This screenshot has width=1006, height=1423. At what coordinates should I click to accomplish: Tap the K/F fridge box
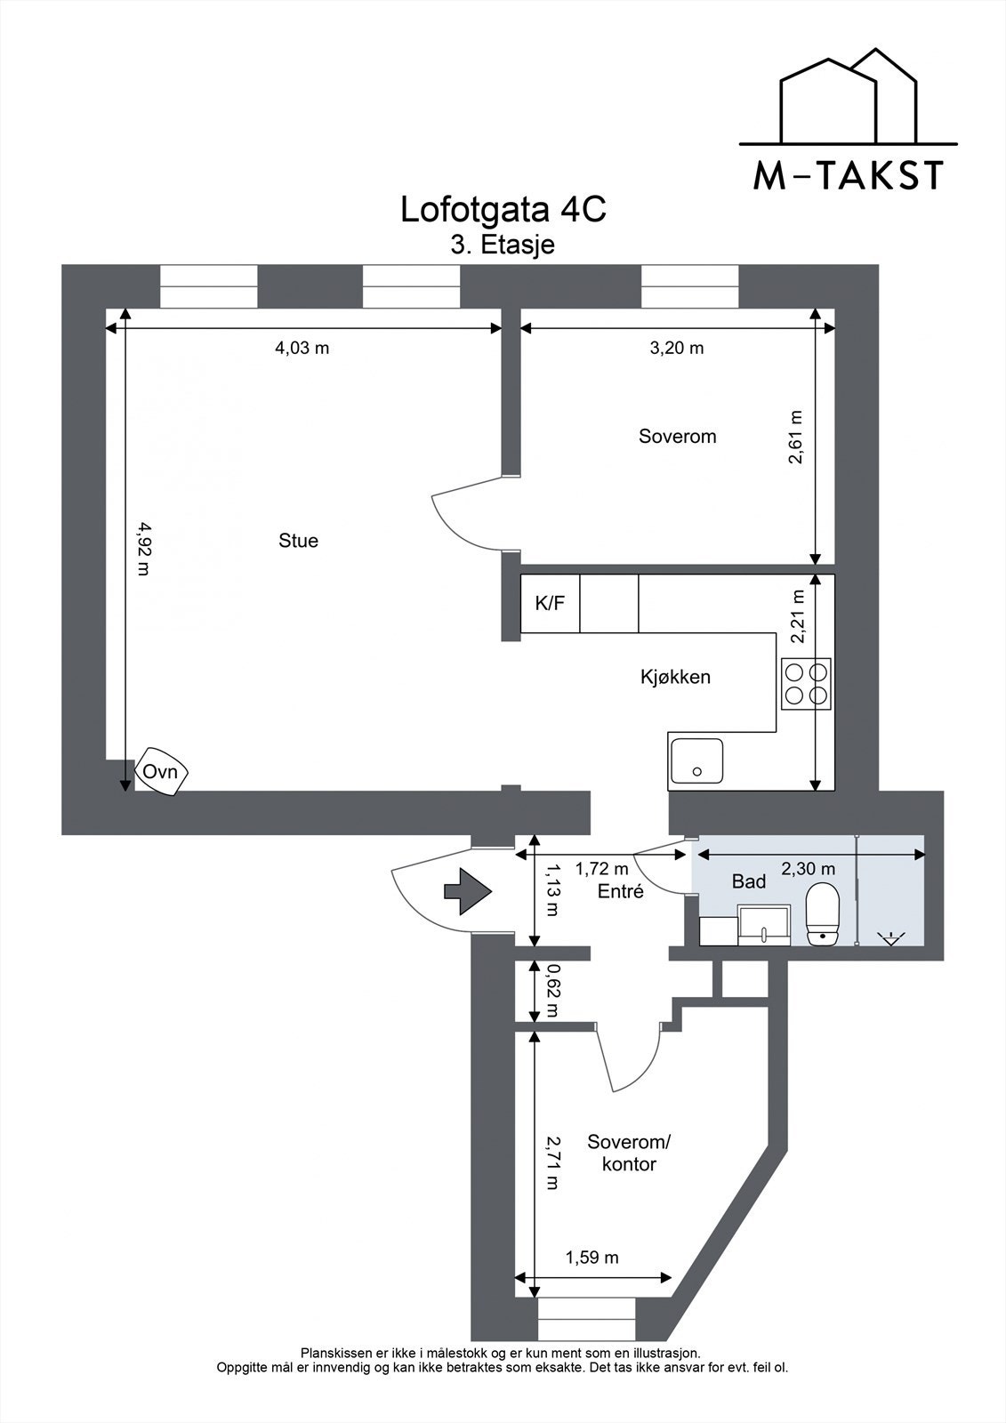(x=550, y=604)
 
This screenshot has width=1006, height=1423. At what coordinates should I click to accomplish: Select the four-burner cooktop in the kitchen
(x=806, y=684)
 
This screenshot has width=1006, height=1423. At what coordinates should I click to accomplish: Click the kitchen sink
(x=696, y=761)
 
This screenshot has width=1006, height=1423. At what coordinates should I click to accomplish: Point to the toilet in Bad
(x=822, y=913)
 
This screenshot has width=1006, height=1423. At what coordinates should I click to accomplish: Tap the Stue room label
(x=298, y=541)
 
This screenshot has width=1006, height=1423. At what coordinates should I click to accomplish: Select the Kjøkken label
(x=675, y=677)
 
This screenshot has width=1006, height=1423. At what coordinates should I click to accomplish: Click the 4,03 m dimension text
(x=302, y=348)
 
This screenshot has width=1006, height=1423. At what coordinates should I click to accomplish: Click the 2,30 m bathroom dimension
(x=807, y=869)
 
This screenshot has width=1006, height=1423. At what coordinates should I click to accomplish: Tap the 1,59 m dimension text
(x=592, y=1258)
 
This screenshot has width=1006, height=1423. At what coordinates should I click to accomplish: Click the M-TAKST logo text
(x=848, y=176)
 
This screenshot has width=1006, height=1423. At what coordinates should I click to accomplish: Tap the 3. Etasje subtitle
(x=503, y=245)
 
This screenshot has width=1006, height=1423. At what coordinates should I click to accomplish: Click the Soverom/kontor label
(x=629, y=1153)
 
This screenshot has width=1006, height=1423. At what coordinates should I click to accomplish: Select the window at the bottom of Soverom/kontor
(x=587, y=1318)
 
